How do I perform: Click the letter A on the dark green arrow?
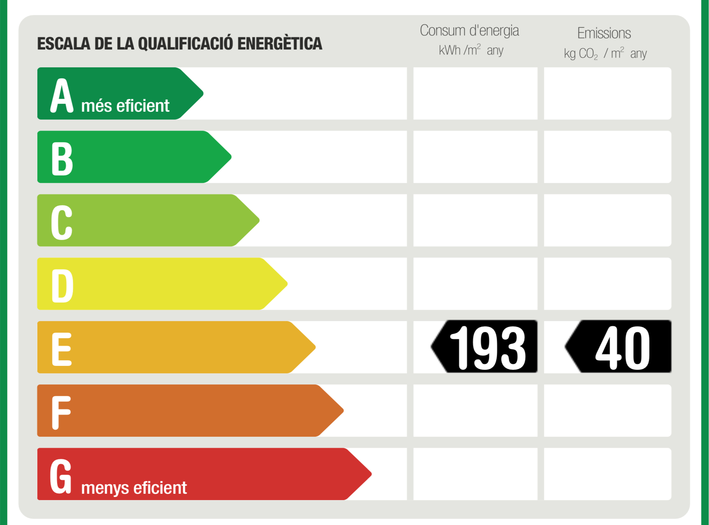coord(62,95)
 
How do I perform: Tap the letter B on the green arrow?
coord(62,158)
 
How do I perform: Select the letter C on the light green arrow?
coord(62,222)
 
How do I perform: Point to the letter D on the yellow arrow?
coord(62,285)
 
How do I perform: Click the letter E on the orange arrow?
coord(62,349)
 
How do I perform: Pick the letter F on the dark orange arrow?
coord(61,412)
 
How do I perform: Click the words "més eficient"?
coord(125,106)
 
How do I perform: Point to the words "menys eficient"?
coord(134,488)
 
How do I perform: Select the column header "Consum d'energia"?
coord(469,30)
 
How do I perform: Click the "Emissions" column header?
coord(604,33)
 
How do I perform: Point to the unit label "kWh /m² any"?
coord(471,50)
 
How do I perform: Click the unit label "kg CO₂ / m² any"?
coord(605,53)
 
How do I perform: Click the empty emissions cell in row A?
coord(607,93)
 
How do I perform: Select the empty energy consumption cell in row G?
coord(475,474)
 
